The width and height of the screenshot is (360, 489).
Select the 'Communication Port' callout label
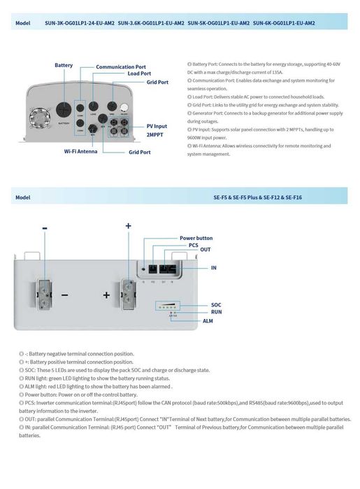[120, 66]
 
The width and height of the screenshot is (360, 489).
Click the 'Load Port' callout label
[139, 73]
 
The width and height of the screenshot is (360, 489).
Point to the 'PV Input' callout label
[157, 126]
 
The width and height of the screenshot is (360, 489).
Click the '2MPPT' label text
[155, 134]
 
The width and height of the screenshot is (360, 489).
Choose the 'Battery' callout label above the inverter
[64, 65]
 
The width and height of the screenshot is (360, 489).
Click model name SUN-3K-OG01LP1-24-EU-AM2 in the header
[80, 23]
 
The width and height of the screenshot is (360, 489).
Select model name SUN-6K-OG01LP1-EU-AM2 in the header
[284, 23]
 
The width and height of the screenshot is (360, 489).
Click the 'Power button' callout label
[196, 238]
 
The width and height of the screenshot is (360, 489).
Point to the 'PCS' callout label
[194, 245]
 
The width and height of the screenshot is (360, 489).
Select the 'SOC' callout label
[216, 305]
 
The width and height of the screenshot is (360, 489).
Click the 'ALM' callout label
[208, 320]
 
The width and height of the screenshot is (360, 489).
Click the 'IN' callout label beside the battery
[214, 268]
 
